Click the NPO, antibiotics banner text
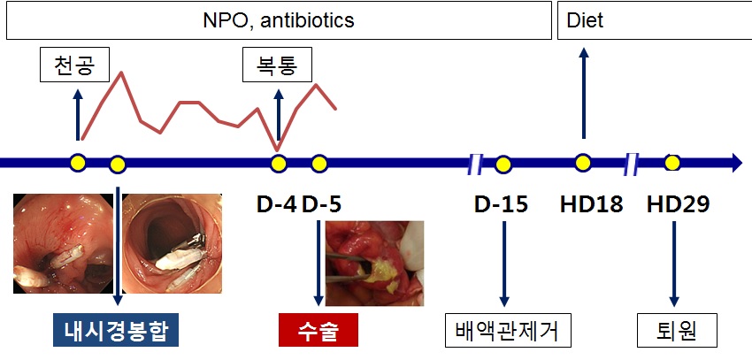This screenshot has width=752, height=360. [279, 20]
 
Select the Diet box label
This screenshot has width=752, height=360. [585, 20]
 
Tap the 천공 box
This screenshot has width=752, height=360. [75, 65]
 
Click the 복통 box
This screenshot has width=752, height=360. [277, 65]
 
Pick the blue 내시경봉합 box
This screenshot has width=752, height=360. [116, 330]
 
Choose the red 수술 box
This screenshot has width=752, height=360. [318, 330]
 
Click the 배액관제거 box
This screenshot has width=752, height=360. [509, 330]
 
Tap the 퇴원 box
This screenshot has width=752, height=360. [677, 330]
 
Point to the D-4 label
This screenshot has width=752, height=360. [277, 204]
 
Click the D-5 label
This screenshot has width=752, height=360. [322, 204]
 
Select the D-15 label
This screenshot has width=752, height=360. [501, 204]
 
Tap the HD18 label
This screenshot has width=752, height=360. [591, 204]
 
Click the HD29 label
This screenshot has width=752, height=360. [679, 204]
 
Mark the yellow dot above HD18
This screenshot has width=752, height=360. [583, 163]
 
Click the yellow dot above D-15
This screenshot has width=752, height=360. [503, 165]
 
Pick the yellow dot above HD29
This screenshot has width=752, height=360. [672, 163]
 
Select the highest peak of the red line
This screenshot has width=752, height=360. [121, 73]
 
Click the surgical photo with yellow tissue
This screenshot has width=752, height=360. [374, 264]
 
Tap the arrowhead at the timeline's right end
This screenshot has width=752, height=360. [736, 163]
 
